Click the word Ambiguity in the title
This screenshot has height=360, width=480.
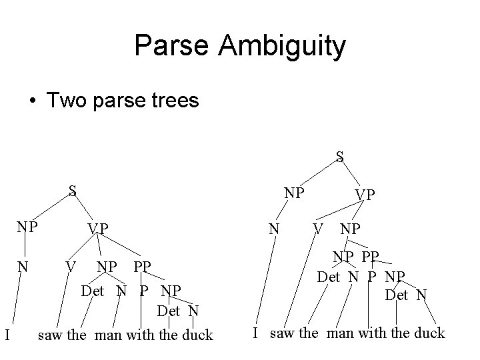pos(290,46)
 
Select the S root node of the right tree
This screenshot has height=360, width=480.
pos(339,157)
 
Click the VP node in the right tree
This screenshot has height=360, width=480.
pos(364,195)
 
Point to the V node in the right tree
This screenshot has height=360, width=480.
pos(319,229)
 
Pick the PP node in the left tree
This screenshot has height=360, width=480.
pos(141,267)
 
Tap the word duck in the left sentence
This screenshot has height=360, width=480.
pos(196,335)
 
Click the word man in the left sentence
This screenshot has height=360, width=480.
pos(109,335)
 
